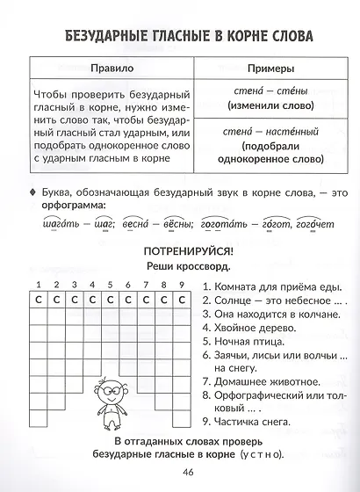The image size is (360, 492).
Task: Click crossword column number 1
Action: (x=38, y=285)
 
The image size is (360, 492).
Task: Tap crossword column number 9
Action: (x=181, y=285)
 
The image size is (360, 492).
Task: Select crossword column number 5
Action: (x=110, y=285)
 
